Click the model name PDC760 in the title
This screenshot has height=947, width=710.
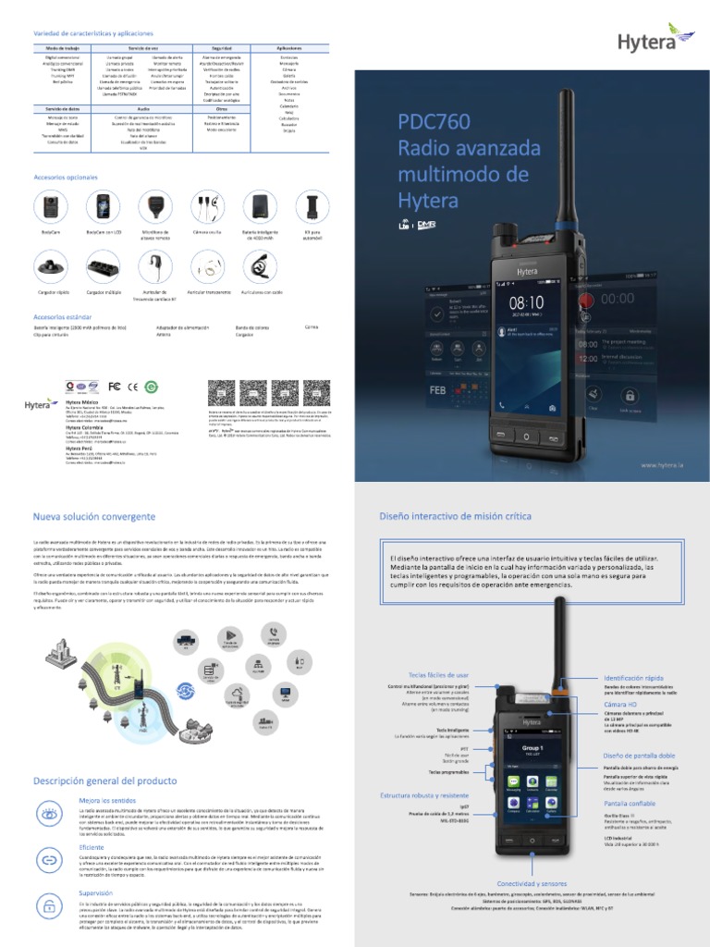(434, 122)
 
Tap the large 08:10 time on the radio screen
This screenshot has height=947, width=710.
(526, 302)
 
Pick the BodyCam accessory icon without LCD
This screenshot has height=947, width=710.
(48, 204)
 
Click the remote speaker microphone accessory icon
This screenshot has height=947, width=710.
(154, 204)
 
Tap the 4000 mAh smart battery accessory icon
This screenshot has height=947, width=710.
(257, 204)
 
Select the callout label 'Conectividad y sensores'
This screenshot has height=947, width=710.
(533, 883)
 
